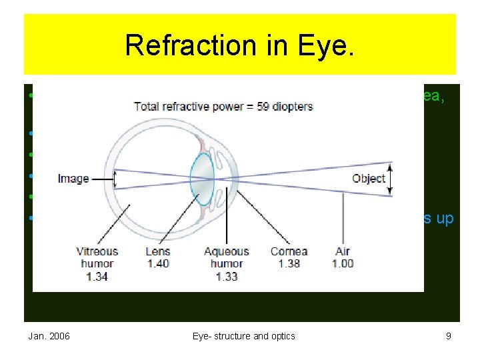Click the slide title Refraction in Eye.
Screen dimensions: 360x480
pos(240,45)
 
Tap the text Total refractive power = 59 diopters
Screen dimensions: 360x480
pos(223,106)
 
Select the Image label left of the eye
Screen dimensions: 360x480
pos(73,179)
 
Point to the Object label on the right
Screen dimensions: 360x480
pos(369,179)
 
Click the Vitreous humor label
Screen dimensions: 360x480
pos(97,257)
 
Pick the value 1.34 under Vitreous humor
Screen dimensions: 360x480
pos(97,275)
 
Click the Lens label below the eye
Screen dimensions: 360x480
pos(158,251)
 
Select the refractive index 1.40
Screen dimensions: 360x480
pos(158,263)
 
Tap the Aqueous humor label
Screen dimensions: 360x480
pos(227,257)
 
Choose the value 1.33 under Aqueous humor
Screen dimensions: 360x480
pos(227,275)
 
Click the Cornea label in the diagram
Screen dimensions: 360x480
pos(289,251)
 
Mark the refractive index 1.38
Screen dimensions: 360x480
pos(289,263)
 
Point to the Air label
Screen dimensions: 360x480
pos(342,251)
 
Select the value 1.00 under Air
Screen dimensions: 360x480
pos(342,263)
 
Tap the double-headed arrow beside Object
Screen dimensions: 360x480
pos(391,179)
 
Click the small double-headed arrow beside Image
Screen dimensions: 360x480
pos(115,179)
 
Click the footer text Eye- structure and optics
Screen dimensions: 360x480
pos(243,336)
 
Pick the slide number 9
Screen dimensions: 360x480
pos(449,336)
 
